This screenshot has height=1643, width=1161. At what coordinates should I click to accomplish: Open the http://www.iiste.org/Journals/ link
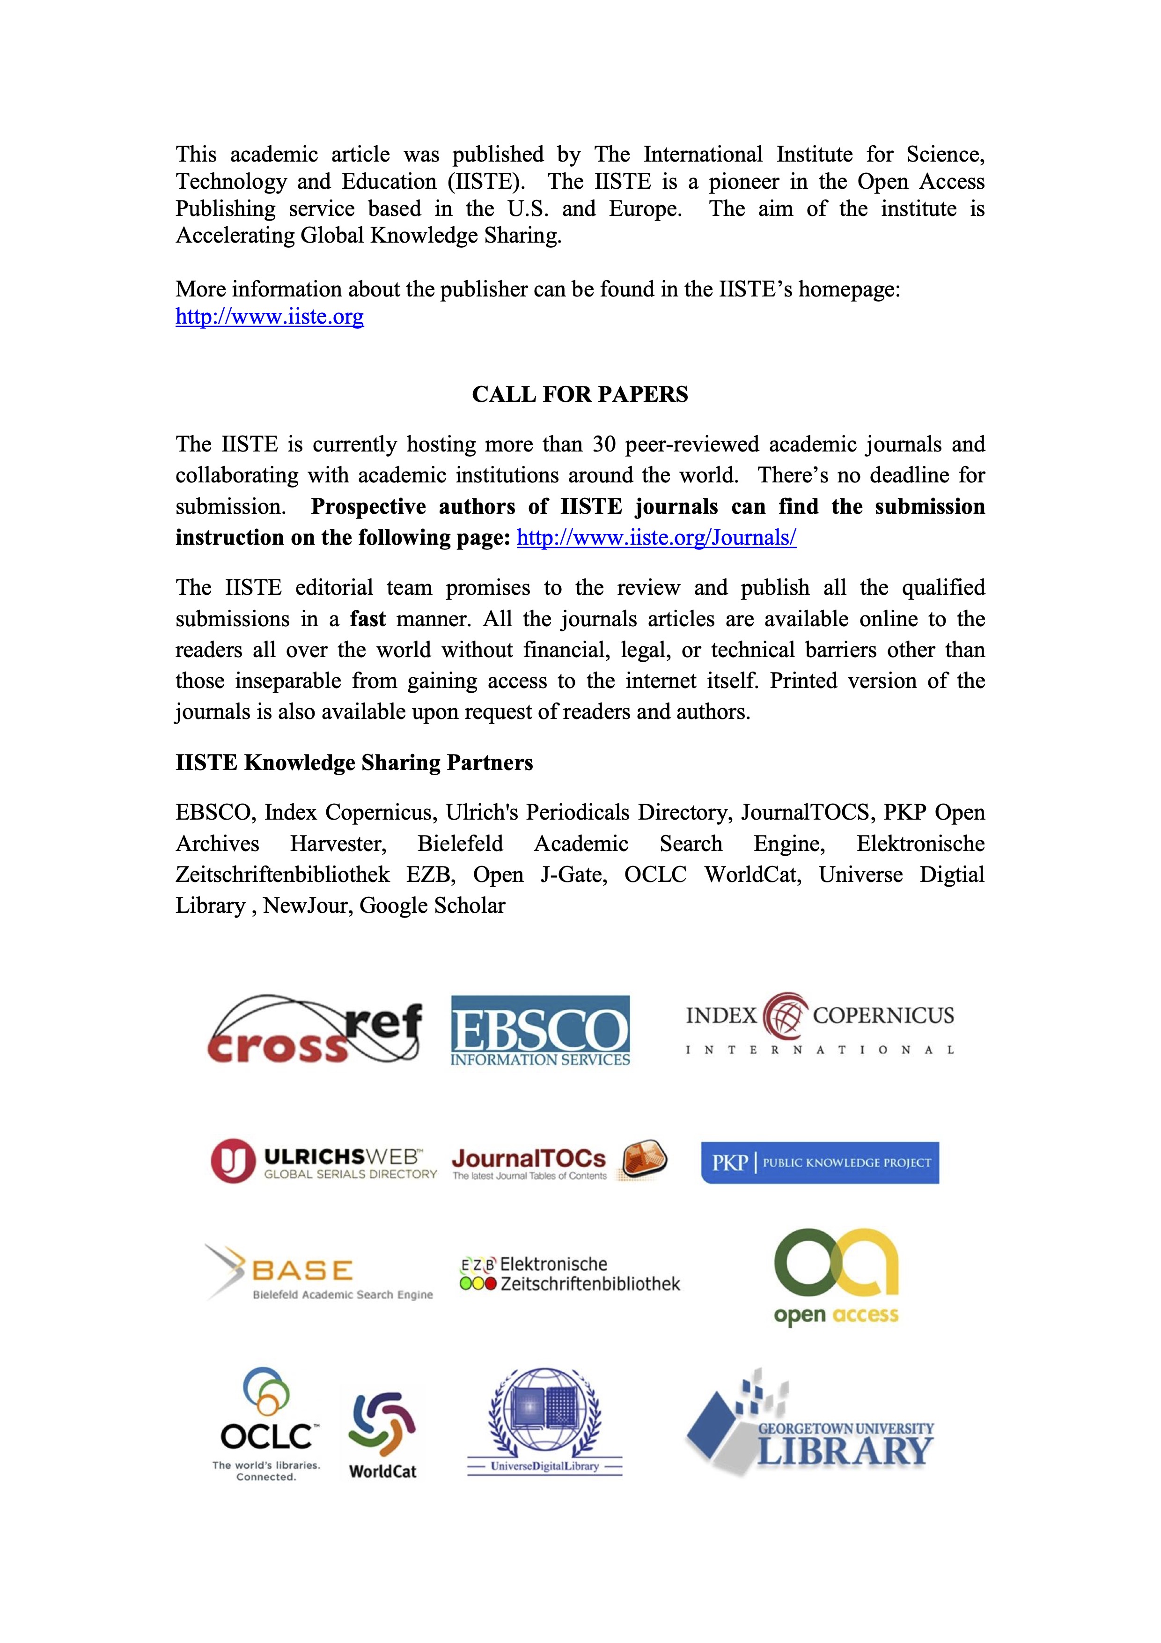656,537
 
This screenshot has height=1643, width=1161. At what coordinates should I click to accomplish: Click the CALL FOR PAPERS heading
580,394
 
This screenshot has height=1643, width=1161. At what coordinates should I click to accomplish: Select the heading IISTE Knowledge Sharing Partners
354,763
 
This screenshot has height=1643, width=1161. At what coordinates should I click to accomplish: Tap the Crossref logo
314,1029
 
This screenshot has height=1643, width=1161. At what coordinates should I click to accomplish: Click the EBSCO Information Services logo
540,1030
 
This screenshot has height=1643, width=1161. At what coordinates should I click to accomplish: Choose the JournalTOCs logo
558,1161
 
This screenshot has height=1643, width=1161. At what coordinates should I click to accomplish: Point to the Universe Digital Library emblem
544,1421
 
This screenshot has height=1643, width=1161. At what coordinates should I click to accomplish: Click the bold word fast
367,619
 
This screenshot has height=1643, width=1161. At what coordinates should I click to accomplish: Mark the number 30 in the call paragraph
604,444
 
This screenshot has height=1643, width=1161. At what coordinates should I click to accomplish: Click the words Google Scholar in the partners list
432,906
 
